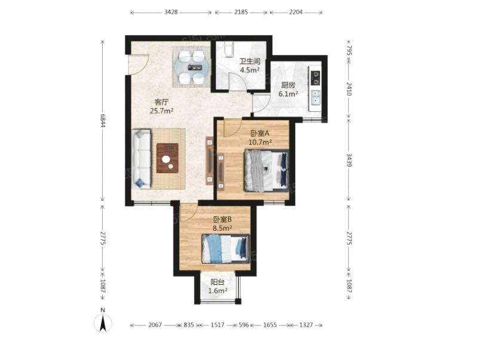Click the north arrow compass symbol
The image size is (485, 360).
(x=103, y=323)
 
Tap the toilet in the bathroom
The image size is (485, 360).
(x=228, y=49)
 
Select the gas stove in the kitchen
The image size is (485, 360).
(x=315, y=78)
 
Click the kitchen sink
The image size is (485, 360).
(x=315, y=97)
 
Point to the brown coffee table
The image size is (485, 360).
(x=167, y=158)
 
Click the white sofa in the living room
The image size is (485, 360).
(x=141, y=159)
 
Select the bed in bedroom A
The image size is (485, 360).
(x=266, y=170)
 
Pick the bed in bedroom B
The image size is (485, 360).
(x=226, y=249)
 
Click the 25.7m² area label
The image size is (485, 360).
(x=161, y=110)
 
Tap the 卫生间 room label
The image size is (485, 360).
(x=250, y=61)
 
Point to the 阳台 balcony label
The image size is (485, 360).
(x=217, y=282)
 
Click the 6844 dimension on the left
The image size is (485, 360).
(x=103, y=121)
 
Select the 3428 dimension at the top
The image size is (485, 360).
(x=171, y=13)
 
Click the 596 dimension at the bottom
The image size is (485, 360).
(x=244, y=325)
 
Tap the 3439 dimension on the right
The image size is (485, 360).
(x=349, y=160)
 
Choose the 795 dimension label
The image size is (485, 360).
(x=349, y=50)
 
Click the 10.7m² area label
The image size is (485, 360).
(x=260, y=142)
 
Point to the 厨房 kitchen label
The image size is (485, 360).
(x=288, y=85)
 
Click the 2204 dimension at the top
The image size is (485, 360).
(x=296, y=13)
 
